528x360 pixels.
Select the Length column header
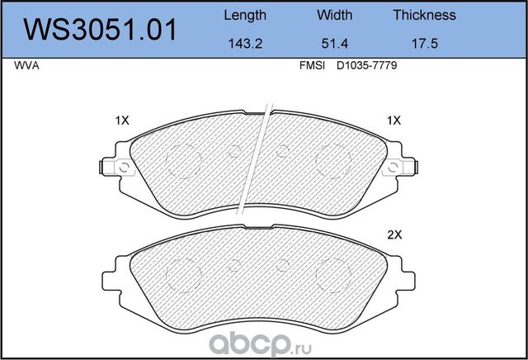pyautogui.click(x=245, y=15)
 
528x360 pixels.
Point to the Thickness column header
pyautogui.click(x=424, y=15)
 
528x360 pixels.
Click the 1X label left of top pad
pyautogui.click(x=122, y=121)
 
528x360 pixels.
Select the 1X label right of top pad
pyautogui.click(x=394, y=121)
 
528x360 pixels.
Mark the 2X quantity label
pyautogui.click(x=394, y=234)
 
